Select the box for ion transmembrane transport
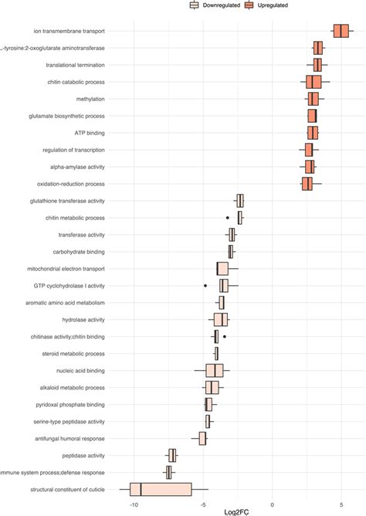point(341,31)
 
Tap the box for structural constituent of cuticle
point(161,489)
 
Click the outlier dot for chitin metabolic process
point(227,218)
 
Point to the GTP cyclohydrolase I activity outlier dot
point(205,286)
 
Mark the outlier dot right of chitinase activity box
point(225,337)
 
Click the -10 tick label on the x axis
point(134,503)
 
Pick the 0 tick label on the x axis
point(272,503)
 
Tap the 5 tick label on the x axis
point(341,503)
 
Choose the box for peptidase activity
point(173,455)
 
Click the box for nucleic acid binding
point(215,370)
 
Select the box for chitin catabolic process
point(313,82)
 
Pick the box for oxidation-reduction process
point(307,184)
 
